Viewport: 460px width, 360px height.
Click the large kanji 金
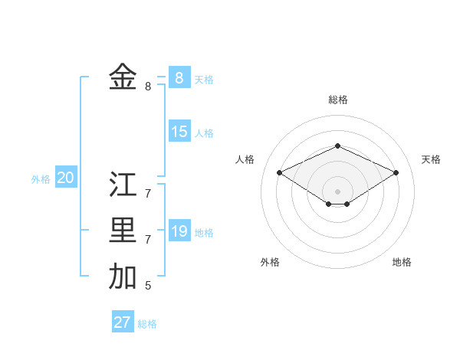[123, 77]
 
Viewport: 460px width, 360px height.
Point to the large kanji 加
[123, 277]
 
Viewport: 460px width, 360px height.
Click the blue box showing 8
[179, 77]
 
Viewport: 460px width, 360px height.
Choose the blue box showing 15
[179, 132]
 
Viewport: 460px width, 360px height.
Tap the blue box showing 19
[179, 231]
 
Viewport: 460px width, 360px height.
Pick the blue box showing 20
[65, 178]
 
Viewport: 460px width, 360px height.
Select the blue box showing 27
[122, 322]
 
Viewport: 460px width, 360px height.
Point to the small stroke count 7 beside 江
[148, 194]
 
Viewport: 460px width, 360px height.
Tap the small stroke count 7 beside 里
[148, 240]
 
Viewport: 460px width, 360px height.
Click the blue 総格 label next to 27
[147, 324]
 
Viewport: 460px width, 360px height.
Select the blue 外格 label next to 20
[41, 179]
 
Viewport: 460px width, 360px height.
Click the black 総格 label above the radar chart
[338, 100]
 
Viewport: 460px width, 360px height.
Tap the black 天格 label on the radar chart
[431, 159]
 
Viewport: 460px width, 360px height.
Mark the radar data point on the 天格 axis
[396, 173]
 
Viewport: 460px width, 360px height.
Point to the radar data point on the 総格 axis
[337, 146]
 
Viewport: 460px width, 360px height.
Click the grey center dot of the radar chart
[337, 191]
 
